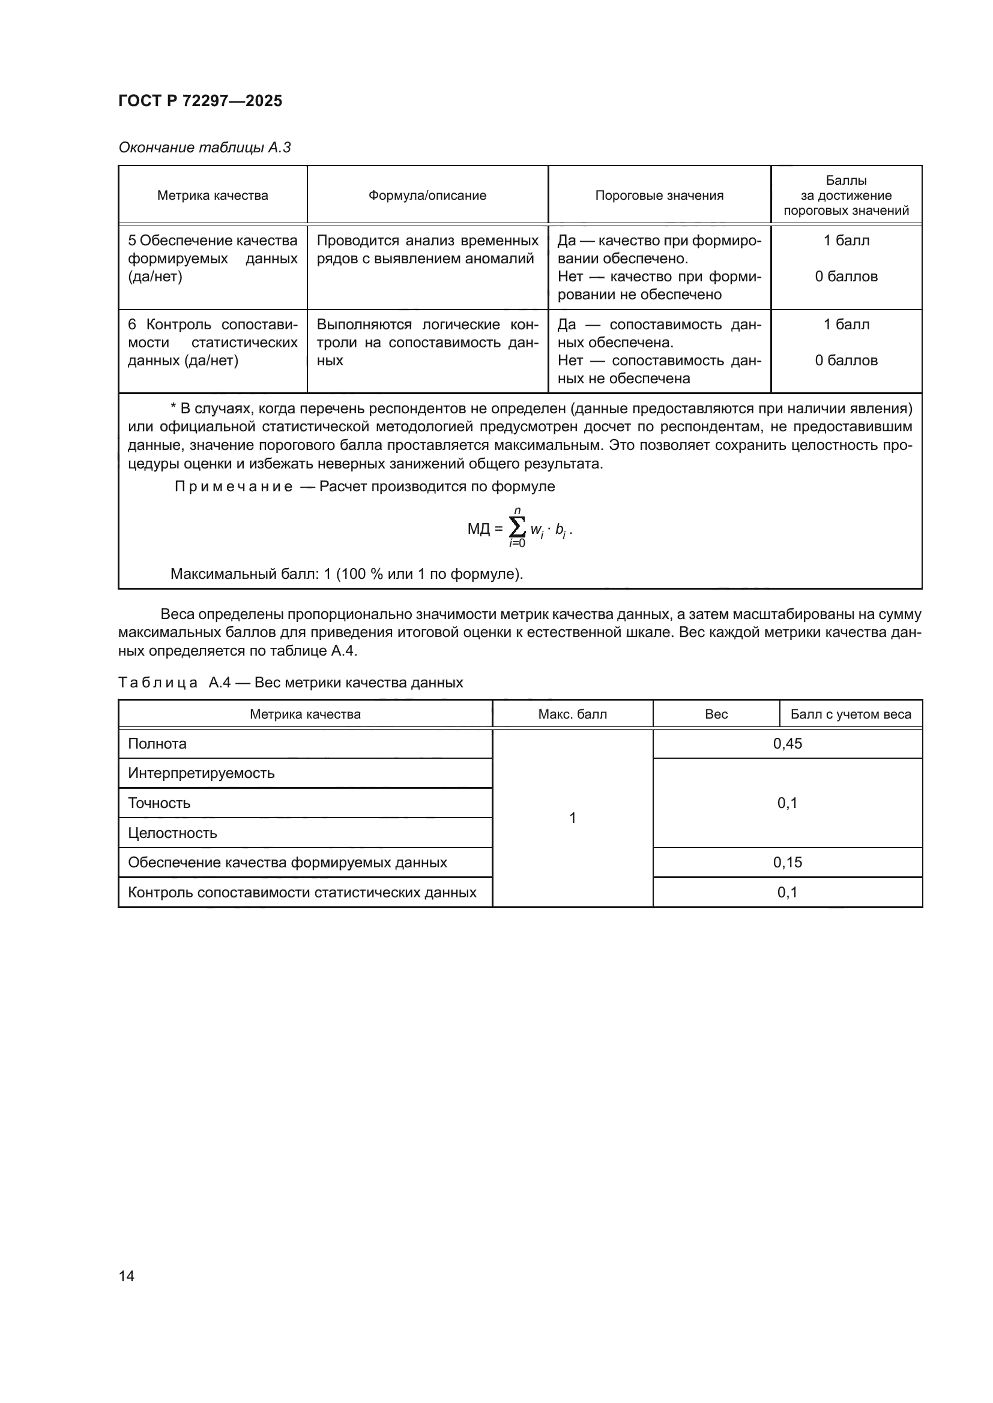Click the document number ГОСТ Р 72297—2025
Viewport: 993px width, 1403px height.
[200, 101]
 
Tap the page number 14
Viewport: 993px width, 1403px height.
[127, 1276]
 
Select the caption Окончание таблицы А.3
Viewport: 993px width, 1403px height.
[204, 148]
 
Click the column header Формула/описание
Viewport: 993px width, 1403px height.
[427, 196]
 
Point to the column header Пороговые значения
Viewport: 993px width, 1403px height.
[659, 196]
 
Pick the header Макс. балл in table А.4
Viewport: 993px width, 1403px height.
[572, 714]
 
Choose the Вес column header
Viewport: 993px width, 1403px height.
[716, 714]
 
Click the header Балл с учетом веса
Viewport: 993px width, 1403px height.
[851, 714]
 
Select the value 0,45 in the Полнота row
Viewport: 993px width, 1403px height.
[788, 744]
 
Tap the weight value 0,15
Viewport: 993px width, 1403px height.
[788, 862]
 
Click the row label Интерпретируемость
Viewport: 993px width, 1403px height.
[201, 773]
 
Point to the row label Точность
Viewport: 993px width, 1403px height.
[159, 803]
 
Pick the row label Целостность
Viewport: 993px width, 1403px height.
[172, 833]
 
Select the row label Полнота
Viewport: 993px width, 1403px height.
[157, 744]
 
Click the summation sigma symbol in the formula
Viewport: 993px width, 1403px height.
[518, 527]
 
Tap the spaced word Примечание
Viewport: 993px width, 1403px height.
[234, 486]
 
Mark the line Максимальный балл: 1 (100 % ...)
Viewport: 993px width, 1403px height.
[346, 574]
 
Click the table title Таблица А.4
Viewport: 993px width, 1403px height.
[291, 683]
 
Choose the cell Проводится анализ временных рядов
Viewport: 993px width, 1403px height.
[427, 250]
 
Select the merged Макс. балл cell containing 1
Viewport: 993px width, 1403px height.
[572, 818]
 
